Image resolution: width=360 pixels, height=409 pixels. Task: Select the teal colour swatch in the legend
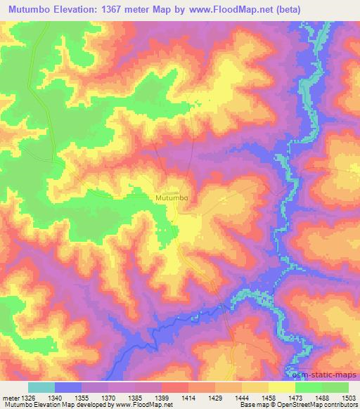41,387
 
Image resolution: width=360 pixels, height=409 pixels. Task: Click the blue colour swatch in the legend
68,387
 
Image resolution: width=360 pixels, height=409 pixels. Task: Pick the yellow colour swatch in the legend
282,387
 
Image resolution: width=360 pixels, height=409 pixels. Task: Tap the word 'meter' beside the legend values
10,397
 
